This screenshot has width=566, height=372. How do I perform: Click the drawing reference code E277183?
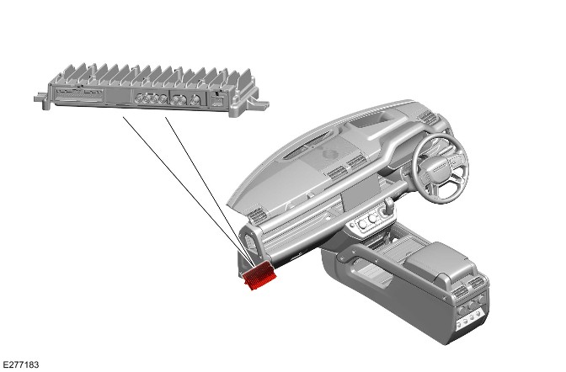20,364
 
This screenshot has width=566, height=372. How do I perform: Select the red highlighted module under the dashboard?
259,275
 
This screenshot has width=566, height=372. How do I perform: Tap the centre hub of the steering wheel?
439,169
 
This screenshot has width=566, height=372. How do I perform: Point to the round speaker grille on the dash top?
330,154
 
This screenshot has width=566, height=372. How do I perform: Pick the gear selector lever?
389,205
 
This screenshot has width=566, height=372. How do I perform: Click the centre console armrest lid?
437,259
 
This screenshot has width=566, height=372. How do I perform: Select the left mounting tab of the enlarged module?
41,98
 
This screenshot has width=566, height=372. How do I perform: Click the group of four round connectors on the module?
151,98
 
